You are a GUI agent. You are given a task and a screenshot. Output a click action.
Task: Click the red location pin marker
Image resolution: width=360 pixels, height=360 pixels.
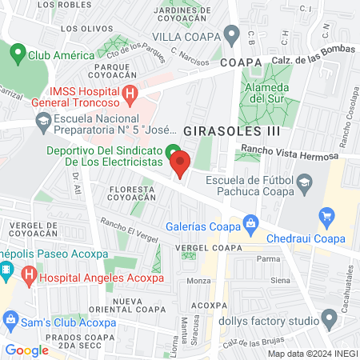[x=180, y=163]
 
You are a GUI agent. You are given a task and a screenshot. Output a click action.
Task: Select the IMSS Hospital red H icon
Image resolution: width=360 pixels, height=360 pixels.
[x=130, y=94]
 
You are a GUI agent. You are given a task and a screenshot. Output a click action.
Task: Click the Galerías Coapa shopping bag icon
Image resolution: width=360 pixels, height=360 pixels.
[x=250, y=222]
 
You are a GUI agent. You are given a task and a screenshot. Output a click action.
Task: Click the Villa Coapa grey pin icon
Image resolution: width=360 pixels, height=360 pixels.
[x=232, y=34]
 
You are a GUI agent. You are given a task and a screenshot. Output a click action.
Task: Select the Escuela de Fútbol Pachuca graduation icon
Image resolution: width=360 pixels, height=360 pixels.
[x=304, y=183]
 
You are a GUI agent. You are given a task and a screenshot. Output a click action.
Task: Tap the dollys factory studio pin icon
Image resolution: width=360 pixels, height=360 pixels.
[x=327, y=321]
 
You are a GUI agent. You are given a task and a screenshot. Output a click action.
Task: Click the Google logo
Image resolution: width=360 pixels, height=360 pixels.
[x=26, y=350]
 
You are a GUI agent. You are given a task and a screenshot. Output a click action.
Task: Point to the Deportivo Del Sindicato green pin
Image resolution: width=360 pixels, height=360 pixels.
[x=172, y=150]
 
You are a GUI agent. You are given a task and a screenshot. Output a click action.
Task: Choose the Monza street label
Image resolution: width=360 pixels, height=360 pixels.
[x=198, y=281]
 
